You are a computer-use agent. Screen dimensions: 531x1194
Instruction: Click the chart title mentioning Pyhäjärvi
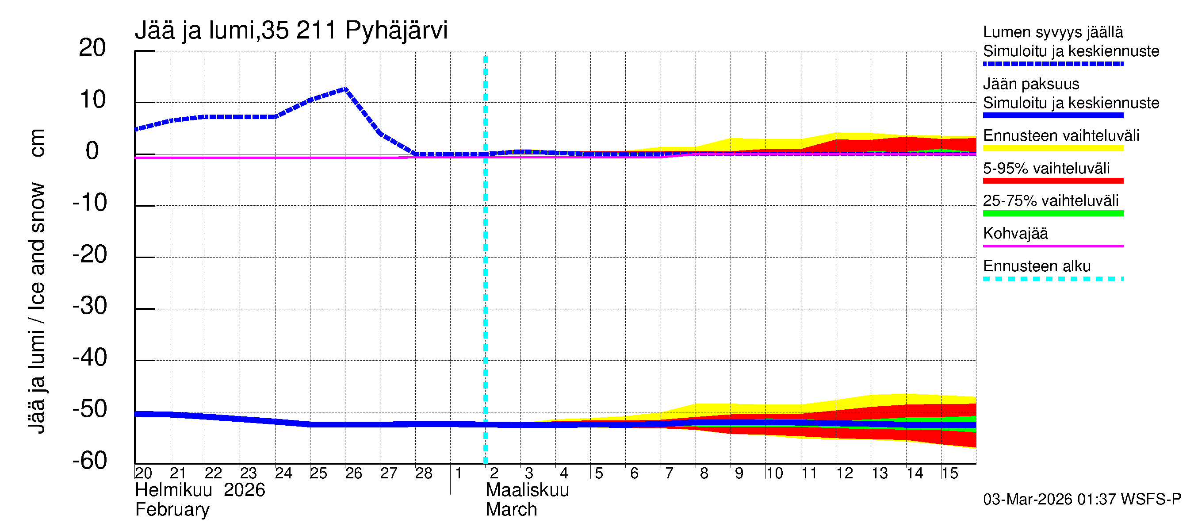click(x=291, y=31)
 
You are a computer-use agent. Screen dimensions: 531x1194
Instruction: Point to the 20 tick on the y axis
click(x=92, y=48)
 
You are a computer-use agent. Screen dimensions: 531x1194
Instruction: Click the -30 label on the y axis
click(x=89, y=306)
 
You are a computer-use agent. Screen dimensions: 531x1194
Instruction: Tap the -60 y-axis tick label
click(x=89, y=461)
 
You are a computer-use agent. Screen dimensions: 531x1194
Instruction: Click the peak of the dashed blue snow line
click(x=345, y=88)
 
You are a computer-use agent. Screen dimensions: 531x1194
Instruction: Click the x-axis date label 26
click(x=353, y=473)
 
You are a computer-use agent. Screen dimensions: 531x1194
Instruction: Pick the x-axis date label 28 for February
click(x=423, y=473)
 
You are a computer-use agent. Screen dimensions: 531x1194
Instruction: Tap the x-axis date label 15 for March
click(x=949, y=473)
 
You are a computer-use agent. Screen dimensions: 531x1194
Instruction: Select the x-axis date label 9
click(x=739, y=473)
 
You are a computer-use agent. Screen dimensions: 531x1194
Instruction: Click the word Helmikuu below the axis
click(x=174, y=490)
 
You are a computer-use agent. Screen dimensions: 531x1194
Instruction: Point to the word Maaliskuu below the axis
click(x=527, y=490)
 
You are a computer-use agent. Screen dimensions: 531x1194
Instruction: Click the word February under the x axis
click(x=172, y=510)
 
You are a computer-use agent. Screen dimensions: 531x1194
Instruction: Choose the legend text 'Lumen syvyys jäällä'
click(x=1053, y=32)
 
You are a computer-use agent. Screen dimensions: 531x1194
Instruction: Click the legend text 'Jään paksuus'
click(x=1031, y=84)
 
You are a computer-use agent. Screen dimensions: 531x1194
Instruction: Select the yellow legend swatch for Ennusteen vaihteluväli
click(x=1053, y=148)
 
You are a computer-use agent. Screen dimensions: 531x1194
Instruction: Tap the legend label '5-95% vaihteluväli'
click(x=1046, y=168)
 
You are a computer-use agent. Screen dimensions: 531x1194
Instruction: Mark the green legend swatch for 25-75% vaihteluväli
click(x=1053, y=213)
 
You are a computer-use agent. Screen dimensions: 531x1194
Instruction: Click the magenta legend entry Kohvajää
click(x=1015, y=233)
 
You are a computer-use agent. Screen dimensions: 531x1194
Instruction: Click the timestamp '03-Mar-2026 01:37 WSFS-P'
click(x=1082, y=500)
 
